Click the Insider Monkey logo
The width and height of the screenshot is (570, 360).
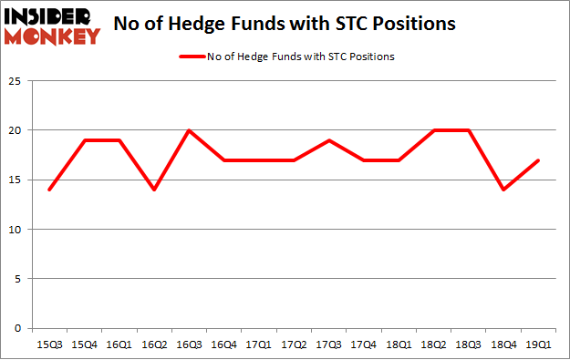53,26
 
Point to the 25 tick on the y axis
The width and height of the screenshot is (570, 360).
16,81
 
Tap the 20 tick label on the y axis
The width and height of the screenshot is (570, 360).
16,130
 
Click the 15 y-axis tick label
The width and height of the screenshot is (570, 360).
16,180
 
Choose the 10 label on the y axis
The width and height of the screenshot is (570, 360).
16,230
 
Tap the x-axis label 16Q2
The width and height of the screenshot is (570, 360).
154,345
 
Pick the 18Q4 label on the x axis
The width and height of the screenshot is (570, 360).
503,345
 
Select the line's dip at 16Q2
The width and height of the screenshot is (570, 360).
154,190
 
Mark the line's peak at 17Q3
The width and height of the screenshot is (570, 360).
329,140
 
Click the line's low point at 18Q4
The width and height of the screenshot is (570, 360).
503,190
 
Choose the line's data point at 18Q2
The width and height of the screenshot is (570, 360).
434,130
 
